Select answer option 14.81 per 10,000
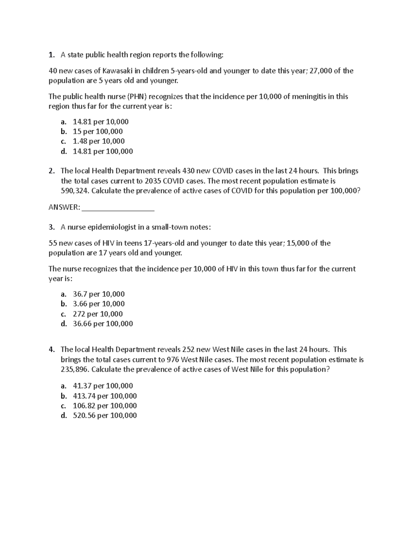(100, 121)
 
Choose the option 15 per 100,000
(98, 131)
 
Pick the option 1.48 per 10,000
(98, 141)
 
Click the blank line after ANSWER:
(118, 207)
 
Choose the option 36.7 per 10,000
(98, 294)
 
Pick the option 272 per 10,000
(97, 314)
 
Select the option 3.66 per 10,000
(98, 304)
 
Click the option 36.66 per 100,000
(103, 324)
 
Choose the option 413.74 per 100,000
(105, 396)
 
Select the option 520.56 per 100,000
(105, 415)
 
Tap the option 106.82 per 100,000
(105, 406)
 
